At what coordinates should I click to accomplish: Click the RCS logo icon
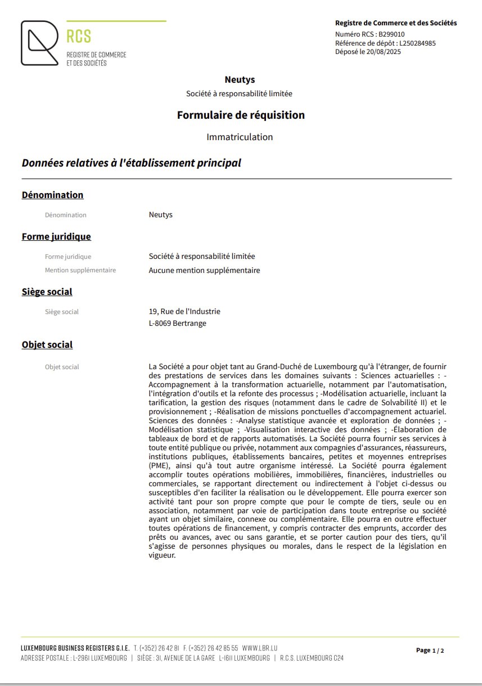[39, 43]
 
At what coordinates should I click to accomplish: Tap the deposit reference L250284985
[417, 43]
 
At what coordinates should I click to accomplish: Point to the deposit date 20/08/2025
[384, 52]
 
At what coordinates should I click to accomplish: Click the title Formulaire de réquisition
[241, 115]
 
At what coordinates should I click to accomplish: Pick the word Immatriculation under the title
[240, 137]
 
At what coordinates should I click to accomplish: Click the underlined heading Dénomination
[52, 195]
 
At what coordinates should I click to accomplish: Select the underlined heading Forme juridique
[56, 237]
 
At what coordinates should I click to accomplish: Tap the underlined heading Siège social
[47, 292]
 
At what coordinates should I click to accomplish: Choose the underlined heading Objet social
[47, 345]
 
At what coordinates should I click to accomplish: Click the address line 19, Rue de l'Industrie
[184, 311]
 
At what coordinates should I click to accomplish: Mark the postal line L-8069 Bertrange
[177, 323]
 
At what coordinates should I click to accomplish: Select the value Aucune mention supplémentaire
[204, 270]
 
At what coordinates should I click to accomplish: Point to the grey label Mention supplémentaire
[80, 270]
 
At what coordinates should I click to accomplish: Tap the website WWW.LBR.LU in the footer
[260, 648]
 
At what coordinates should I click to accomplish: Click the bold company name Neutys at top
[240, 80]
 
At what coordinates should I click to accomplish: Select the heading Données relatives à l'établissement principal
[131, 163]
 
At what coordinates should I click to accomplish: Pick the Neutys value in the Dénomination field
[161, 215]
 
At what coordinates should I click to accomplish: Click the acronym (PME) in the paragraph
[159, 466]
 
